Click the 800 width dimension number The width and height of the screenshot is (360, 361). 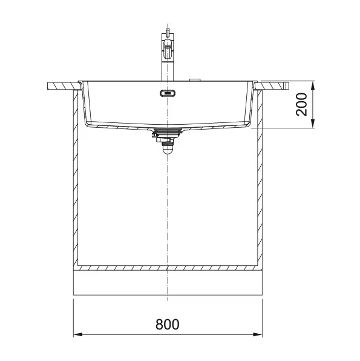tap(167, 324)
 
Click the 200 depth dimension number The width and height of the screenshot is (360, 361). tap(301, 104)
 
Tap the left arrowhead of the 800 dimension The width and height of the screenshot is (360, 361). tap(78, 334)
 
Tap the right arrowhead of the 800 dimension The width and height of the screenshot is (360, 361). tap(258, 334)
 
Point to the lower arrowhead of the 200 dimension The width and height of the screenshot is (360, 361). tap(313, 124)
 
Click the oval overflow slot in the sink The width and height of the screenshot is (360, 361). tap(168, 93)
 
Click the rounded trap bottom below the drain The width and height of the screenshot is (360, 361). tap(168, 150)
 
